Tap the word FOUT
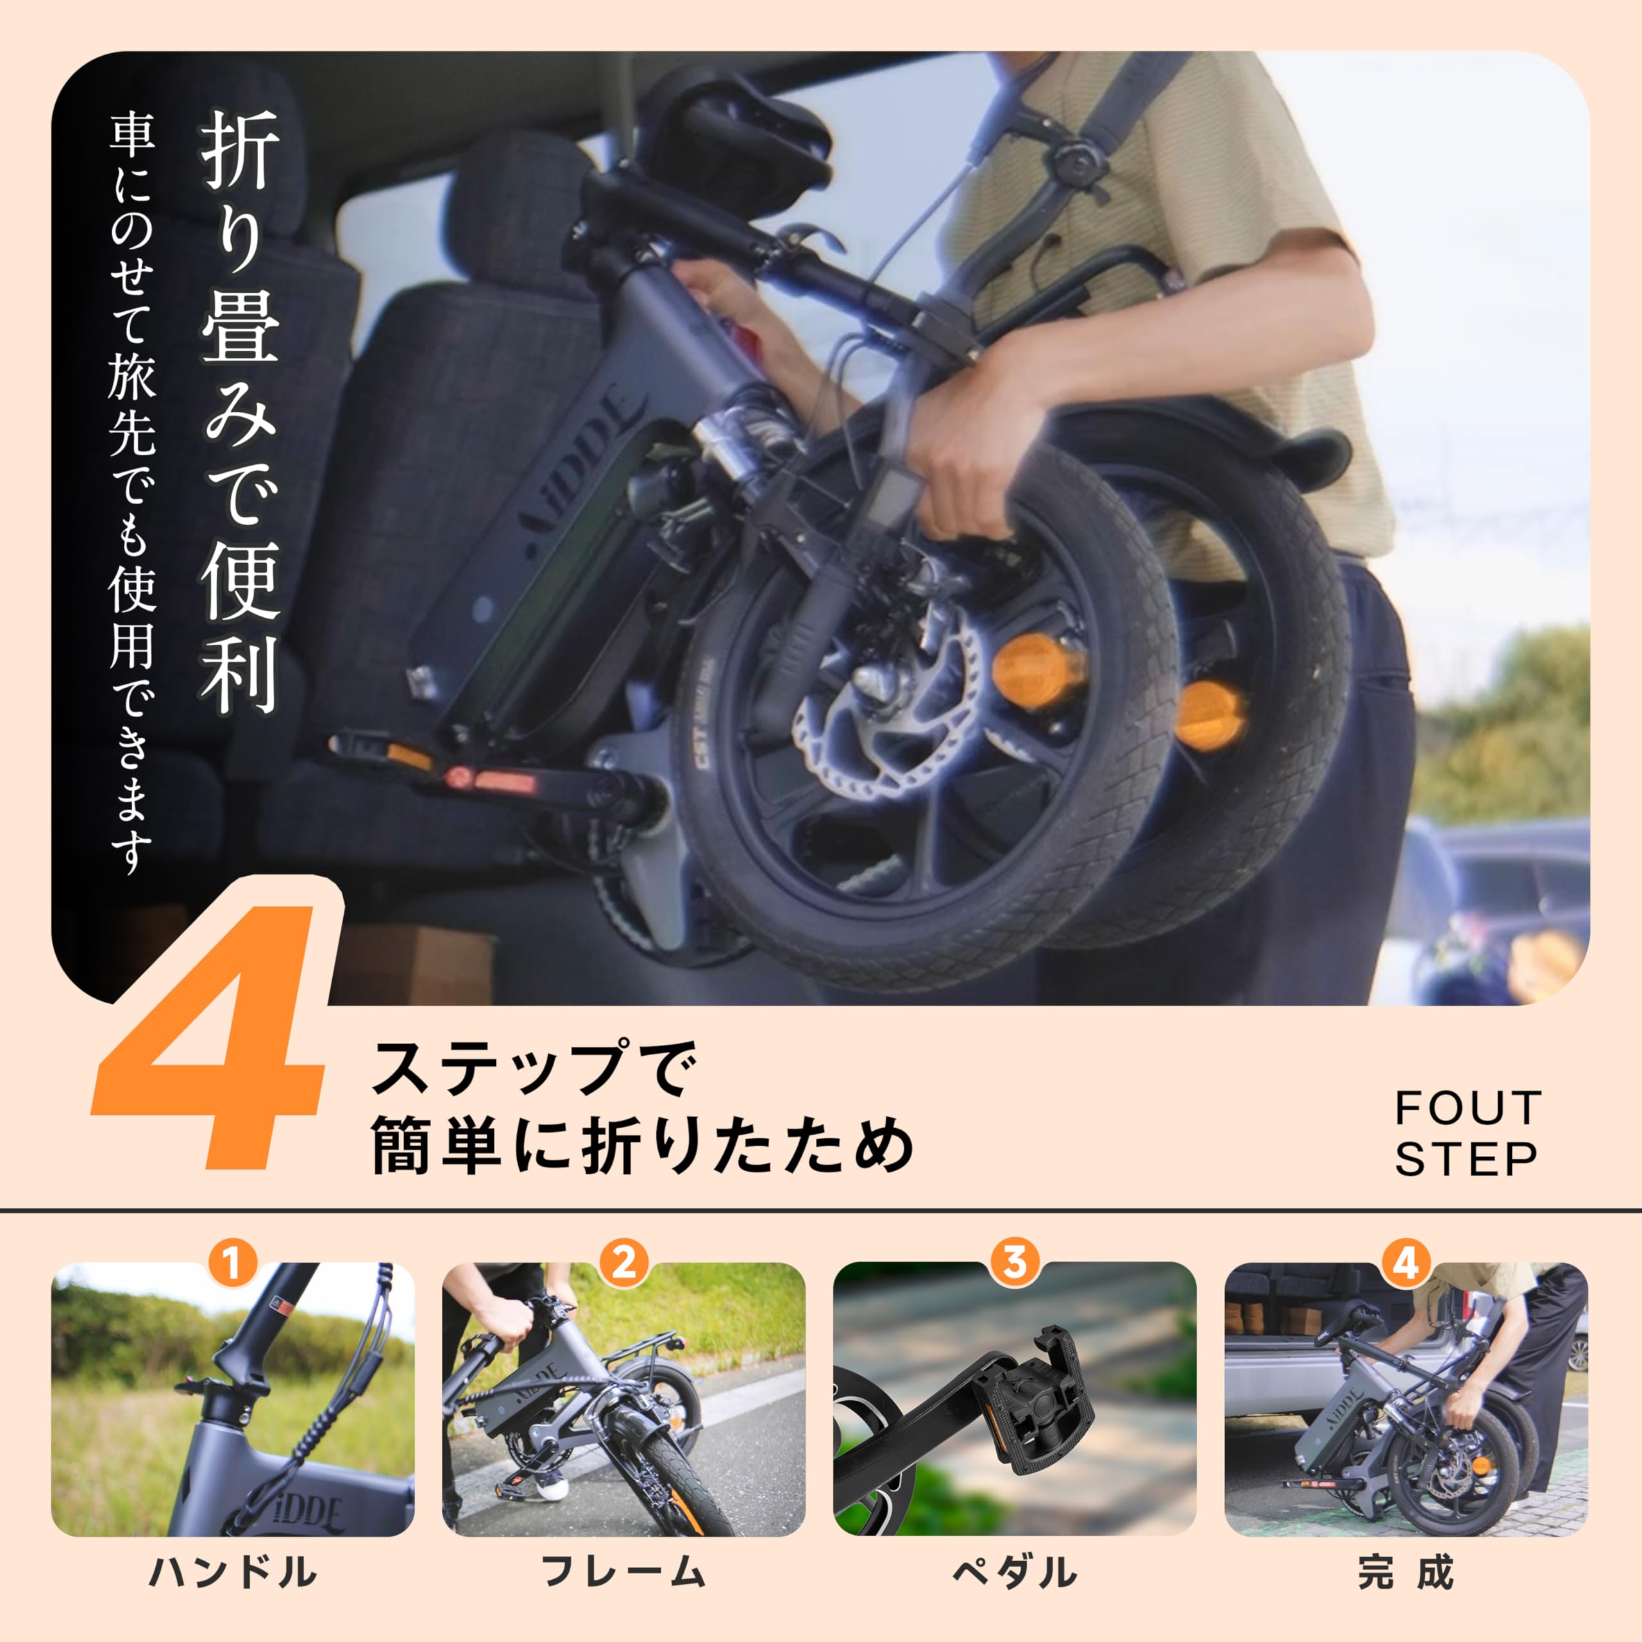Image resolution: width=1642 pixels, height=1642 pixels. point(1468,1108)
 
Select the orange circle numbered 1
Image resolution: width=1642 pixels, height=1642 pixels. point(233,1263)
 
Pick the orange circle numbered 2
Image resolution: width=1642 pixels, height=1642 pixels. point(624,1263)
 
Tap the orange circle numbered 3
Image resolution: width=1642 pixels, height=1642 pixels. point(1015,1263)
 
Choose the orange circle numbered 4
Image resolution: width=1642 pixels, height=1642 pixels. point(1406,1263)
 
